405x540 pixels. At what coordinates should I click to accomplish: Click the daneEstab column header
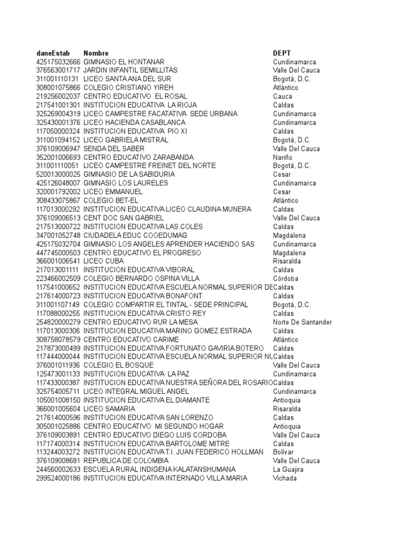pyautogui.click(x=53, y=53)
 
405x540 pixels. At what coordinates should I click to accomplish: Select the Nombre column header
pyautogui.click(x=96, y=53)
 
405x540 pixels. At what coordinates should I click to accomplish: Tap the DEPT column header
pyautogui.click(x=282, y=53)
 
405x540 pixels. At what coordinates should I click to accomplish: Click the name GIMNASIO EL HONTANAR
pyautogui.click(x=124, y=62)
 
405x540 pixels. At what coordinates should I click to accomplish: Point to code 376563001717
pyautogui.click(x=59, y=70)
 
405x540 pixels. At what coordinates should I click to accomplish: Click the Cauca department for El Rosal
pyautogui.click(x=283, y=97)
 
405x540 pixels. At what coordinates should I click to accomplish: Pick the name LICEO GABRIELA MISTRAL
pyautogui.click(x=126, y=140)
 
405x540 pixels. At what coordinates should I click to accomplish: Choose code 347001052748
pyautogui.click(x=59, y=235)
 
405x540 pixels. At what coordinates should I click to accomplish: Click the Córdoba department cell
pyautogui.click(x=286, y=278)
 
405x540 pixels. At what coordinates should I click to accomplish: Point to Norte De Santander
pyautogui.click(x=302, y=322)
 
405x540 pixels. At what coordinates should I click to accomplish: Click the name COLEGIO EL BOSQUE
pyautogui.click(x=119, y=365)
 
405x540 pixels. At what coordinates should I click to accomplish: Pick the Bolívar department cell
pyautogui.click(x=284, y=452)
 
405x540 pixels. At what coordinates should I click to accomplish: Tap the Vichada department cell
pyautogui.click(x=285, y=478)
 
